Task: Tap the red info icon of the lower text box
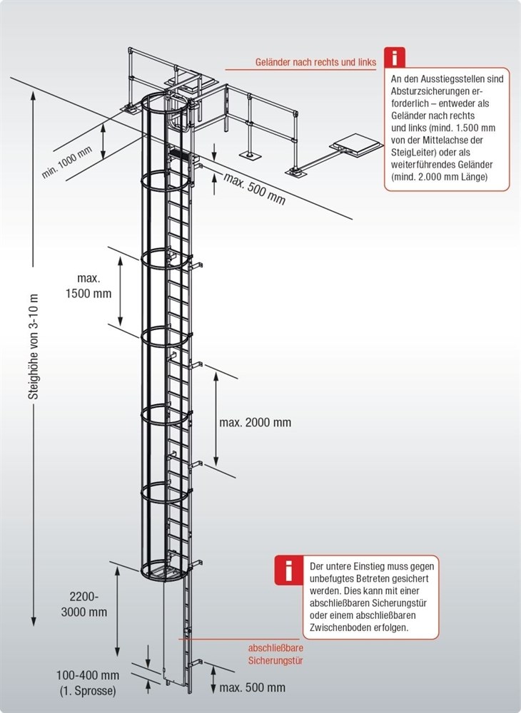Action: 288,570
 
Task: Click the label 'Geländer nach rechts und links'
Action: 315,63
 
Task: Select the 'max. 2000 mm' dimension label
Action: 256,422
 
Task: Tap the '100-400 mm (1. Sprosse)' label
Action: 88,682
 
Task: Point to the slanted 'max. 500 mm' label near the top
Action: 254,188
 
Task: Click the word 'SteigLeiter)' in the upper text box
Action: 415,152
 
